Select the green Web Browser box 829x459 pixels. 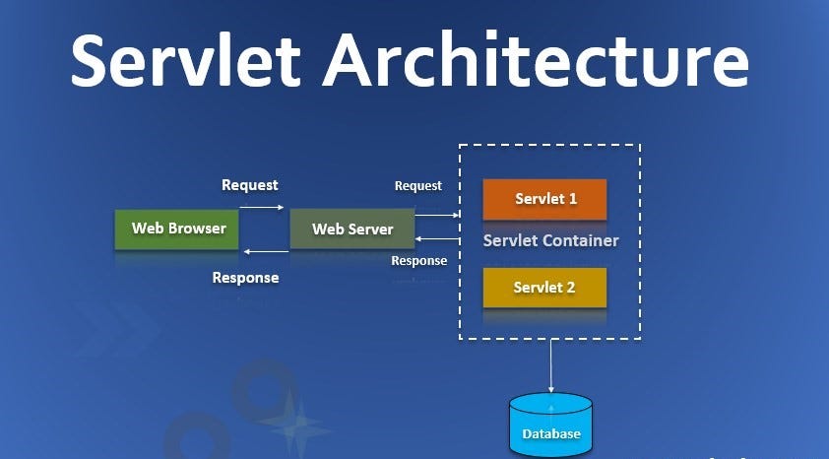pos(178,229)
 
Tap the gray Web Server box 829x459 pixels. pos(352,229)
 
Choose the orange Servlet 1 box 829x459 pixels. pos(544,199)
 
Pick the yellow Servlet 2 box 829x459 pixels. pos(544,288)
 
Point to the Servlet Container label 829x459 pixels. pos(550,240)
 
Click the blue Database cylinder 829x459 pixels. pos(550,425)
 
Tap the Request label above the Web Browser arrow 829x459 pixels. pos(249,185)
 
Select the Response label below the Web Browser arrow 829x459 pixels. pos(245,278)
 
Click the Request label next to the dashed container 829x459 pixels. pos(417,185)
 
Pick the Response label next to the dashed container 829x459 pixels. pos(418,261)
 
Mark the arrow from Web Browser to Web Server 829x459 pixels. pos(261,207)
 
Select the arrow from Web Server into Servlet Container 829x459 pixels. pos(437,214)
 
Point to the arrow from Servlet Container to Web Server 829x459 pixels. pos(437,238)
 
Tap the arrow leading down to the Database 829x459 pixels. pos(550,364)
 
